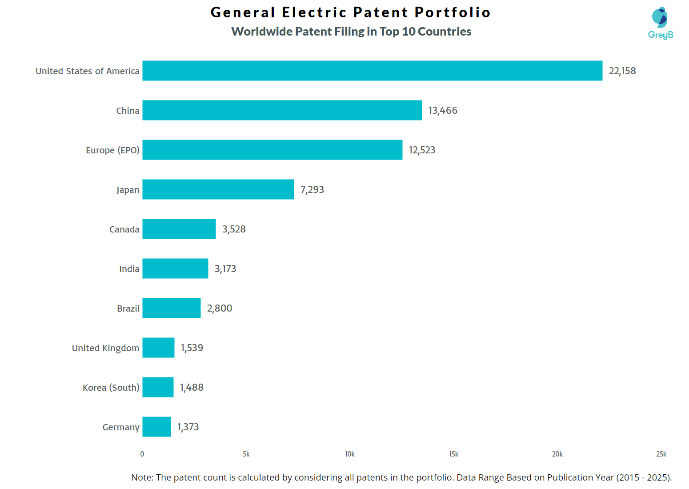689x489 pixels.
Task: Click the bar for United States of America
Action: click(x=372, y=71)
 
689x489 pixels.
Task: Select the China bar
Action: click(x=282, y=110)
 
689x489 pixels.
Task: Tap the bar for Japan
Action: click(x=218, y=189)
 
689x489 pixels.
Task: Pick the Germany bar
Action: click(x=156, y=427)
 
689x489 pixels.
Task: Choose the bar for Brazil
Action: click(x=171, y=308)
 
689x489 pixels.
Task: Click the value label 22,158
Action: click(x=622, y=71)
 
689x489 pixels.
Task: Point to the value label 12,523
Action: click(x=422, y=150)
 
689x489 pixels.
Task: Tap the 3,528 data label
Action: click(x=234, y=229)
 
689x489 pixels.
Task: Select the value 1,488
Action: click(x=192, y=388)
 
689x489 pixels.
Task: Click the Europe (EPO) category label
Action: click(x=112, y=150)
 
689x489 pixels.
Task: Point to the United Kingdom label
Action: click(x=105, y=348)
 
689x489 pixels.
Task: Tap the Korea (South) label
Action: click(x=111, y=388)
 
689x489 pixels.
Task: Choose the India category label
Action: click(x=129, y=269)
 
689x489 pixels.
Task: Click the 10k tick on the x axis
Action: click(x=350, y=454)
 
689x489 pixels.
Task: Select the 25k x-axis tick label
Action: click(x=661, y=454)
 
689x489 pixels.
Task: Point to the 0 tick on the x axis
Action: click(x=142, y=454)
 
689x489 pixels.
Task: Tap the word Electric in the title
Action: click(x=314, y=12)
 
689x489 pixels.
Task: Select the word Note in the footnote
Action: click(x=141, y=477)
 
